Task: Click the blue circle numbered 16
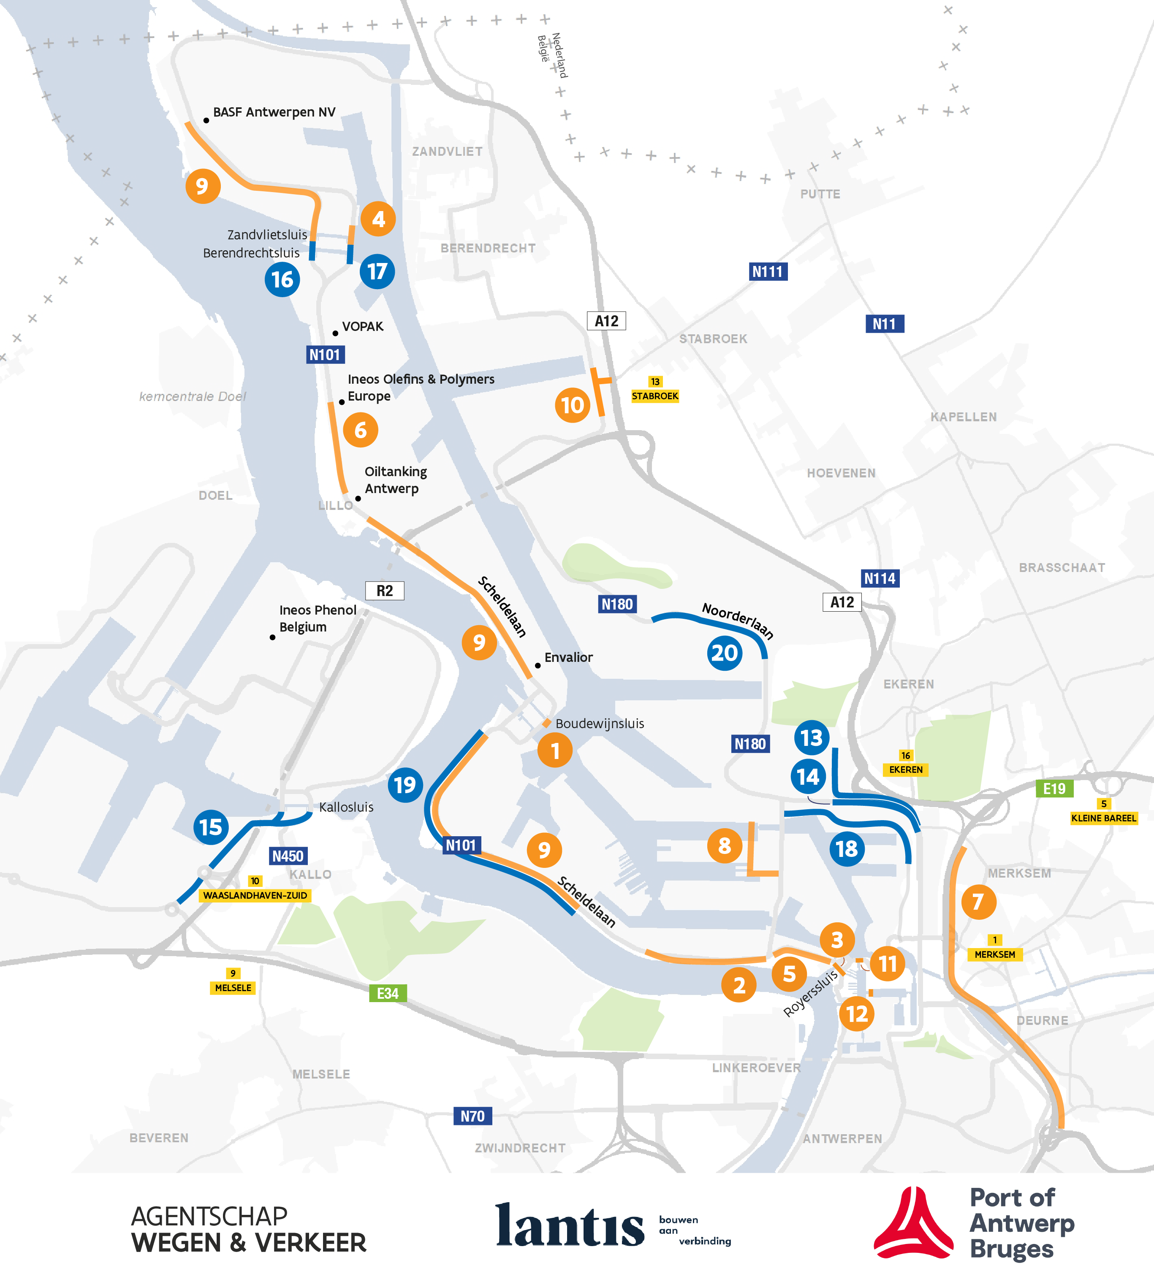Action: coord(282,279)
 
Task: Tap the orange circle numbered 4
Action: coord(378,219)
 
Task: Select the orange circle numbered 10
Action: coord(572,405)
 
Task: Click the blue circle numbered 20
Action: coord(724,653)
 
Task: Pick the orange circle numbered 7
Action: coord(978,902)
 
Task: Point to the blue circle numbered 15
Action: coord(211,827)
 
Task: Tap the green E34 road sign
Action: coord(387,994)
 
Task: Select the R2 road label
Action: coord(385,591)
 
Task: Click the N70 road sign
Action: coord(472,1116)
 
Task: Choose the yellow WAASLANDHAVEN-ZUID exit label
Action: coord(255,895)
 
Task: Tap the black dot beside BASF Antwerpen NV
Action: coord(206,120)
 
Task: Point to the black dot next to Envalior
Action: coord(537,665)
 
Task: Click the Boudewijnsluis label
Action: coord(599,723)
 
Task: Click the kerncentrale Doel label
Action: coord(193,396)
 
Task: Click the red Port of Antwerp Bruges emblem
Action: coord(913,1223)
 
